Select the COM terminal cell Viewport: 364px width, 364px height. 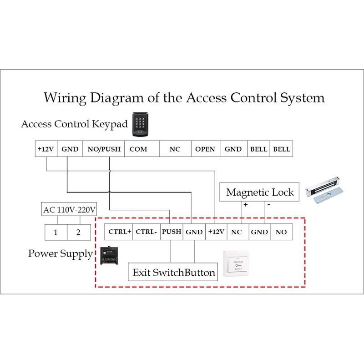pyautogui.click(x=138, y=149)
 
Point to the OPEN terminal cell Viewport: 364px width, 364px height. pyautogui.click(x=205, y=149)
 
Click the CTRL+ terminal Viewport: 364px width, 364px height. pyautogui.click(x=120, y=232)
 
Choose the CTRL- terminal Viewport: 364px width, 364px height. pyautogui.click(x=147, y=232)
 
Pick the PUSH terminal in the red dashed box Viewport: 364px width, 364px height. pyautogui.click(x=172, y=232)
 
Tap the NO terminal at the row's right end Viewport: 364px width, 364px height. pyautogui.click(x=281, y=232)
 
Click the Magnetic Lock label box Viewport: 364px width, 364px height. pyautogui.click(x=260, y=192)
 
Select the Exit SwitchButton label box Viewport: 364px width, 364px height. pyautogui.click(x=173, y=273)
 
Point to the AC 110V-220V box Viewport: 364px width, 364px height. pyautogui.click(x=69, y=210)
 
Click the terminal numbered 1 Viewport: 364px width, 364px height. pyautogui.click(x=56, y=232)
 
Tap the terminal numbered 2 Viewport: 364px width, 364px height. pyautogui.click(x=78, y=232)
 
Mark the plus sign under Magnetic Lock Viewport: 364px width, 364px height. pyautogui.click(x=245, y=205)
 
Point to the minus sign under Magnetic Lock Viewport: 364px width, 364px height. pyautogui.click(x=268, y=205)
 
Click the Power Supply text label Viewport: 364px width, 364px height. pyautogui.click(x=61, y=253)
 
